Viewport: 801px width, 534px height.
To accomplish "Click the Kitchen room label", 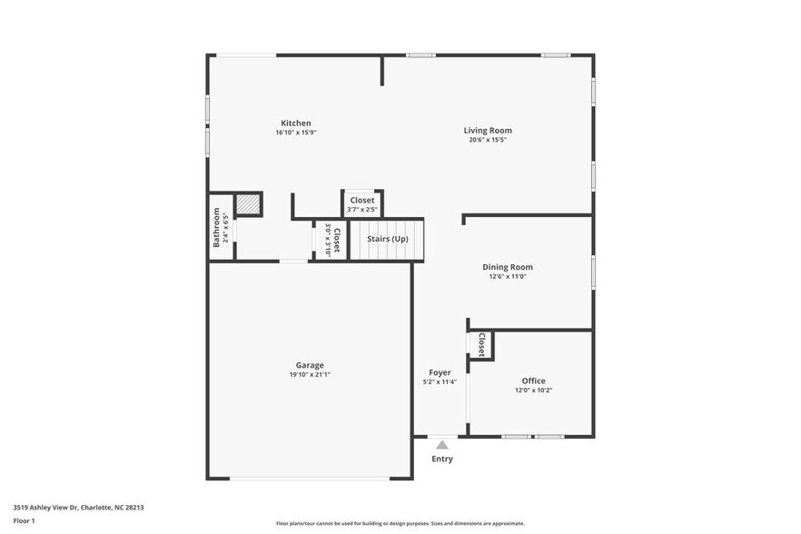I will click(x=296, y=123).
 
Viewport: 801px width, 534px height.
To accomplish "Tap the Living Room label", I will click(x=488, y=130).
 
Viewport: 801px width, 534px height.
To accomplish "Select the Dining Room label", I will click(x=508, y=267).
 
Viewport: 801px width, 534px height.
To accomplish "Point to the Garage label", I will click(x=310, y=365).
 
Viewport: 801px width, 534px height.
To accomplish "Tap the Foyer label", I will click(x=440, y=372).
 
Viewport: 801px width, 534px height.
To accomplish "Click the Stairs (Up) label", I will click(x=388, y=239).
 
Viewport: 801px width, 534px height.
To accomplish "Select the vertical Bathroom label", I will click(x=217, y=227).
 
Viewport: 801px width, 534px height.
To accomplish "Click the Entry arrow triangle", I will click(x=441, y=445).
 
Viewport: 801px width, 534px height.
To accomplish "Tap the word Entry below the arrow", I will click(x=442, y=460).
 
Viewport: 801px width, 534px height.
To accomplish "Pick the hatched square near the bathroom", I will click(x=248, y=205).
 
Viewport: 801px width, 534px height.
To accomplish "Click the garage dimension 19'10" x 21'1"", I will click(x=310, y=374).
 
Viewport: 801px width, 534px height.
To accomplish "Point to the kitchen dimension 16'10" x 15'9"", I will click(x=296, y=133).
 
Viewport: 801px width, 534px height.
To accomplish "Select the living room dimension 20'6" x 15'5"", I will click(x=488, y=140).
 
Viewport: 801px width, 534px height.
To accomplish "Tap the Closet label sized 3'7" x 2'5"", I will click(x=362, y=200).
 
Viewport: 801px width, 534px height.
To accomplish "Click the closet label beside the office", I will click(x=480, y=345).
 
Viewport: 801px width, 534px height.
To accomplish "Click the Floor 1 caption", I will click(x=24, y=520).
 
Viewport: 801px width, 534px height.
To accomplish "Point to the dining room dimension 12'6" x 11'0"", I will click(x=508, y=277).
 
